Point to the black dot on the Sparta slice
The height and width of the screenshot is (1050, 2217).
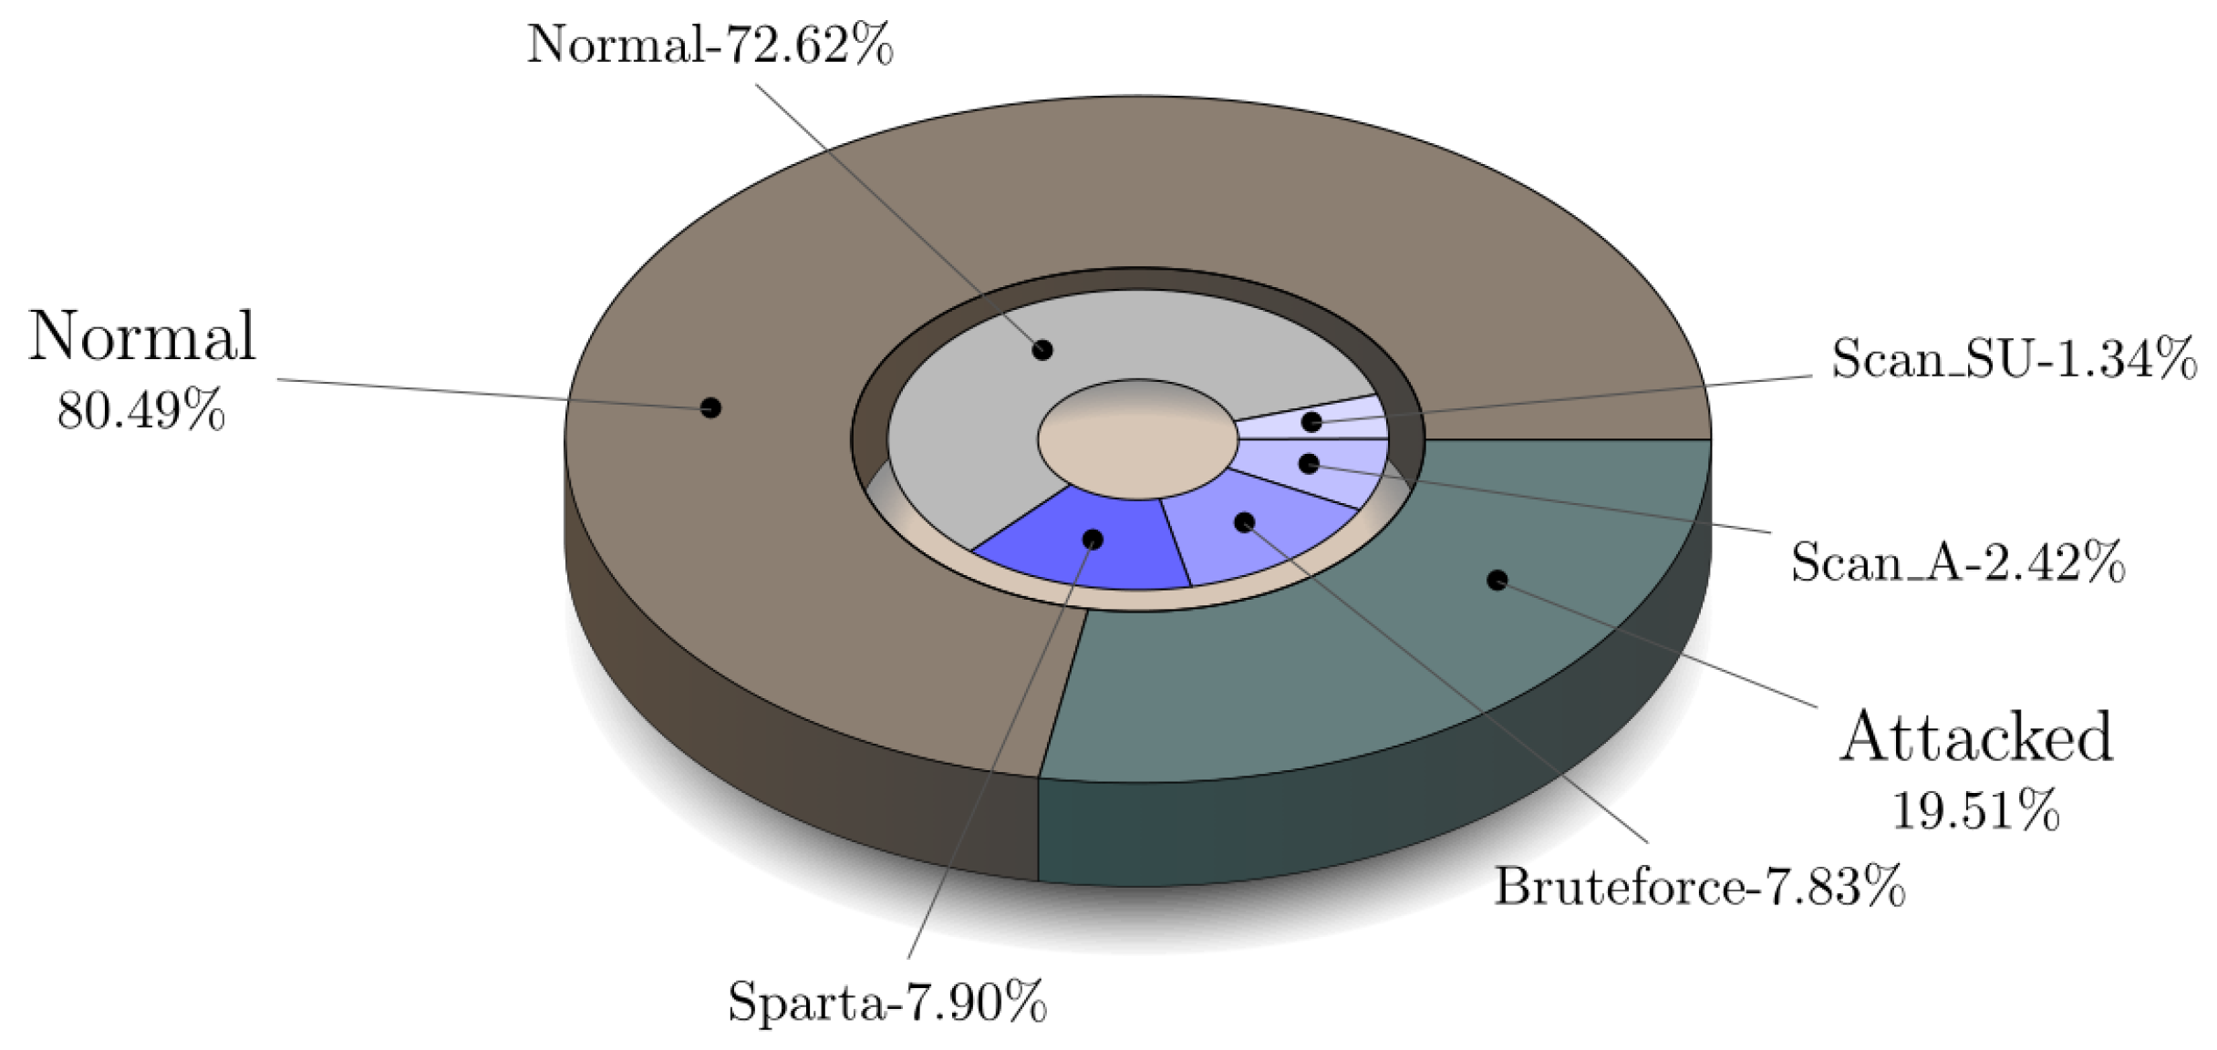coord(1093,540)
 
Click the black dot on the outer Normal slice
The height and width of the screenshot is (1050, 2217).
coord(710,407)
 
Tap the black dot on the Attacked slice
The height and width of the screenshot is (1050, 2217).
coord(1497,580)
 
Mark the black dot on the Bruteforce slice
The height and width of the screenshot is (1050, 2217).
coord(1244,522)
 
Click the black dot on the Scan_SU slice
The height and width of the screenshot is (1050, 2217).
coord(1311,422)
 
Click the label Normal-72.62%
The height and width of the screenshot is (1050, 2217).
coord(710,44)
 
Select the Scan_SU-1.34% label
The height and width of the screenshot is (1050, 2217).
coord(2014,359)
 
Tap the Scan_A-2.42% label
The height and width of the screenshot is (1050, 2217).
coord(1957,562)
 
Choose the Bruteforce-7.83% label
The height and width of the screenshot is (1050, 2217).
coord(1699,887)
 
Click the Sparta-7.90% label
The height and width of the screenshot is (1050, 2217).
coord(886,1003)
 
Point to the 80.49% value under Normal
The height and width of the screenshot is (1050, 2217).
coord(140,412)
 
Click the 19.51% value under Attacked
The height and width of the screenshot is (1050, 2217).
coord(1975,810)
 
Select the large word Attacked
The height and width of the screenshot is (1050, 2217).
coord(1975,738)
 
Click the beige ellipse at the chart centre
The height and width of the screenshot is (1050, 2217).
coord(1137,439)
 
